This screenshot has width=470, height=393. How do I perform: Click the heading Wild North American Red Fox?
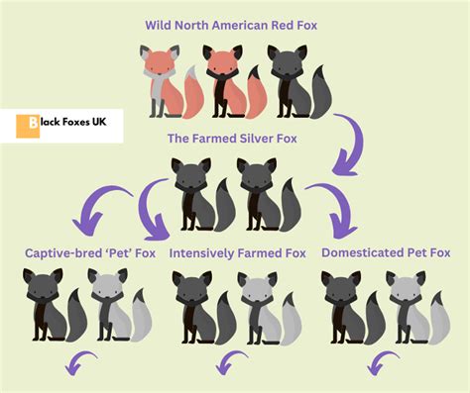[231, 25]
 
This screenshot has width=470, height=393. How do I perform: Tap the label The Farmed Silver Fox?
[232, 138]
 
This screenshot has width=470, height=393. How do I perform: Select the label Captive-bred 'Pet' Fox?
[90, 253]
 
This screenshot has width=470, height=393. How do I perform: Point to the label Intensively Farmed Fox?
[238, 253]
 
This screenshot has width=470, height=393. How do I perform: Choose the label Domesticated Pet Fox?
[386, 252]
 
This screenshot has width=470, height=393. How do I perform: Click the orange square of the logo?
[28, 126]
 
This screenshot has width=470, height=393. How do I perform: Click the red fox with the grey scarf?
[172, 81]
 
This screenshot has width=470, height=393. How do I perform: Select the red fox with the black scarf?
[235, 81]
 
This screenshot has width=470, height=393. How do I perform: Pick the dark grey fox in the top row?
[299, 81]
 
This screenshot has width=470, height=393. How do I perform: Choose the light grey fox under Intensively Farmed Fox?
[269, 309]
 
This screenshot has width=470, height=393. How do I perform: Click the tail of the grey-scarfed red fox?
[192, 92]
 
